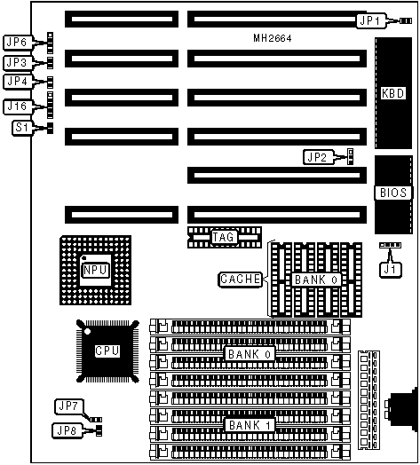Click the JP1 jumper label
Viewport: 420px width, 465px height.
(x=371, y=20)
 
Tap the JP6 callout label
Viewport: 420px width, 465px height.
(x=17, y=43)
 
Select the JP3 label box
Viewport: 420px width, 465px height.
(x=17, y=63)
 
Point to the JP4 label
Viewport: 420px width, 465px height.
(x=17, y=82)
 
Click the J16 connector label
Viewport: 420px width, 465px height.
(x=17, y=106)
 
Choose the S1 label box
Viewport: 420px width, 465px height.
(x=22, y=128)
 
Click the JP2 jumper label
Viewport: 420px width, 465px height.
(x=318, y=157)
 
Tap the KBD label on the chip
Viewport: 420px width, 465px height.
(x=392, y=93)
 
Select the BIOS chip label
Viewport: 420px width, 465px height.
(x=393, y=193)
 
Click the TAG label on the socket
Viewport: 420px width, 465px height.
(x=224, y=237)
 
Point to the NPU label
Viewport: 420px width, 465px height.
(x=95, y=270)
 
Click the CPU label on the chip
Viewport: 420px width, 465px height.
(x=107, y=351)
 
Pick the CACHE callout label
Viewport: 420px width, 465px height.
(x=241, y=280)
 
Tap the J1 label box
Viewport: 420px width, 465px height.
(x=391, y=270)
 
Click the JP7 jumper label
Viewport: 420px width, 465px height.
(x=69, y=406)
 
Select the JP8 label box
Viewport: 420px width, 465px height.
(x=67, y=430)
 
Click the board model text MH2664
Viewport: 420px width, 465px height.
(x=273, y=38)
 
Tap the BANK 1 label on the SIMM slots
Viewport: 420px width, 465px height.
(x=250, y=425)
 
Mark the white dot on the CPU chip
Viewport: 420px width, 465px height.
(x=87, y=331)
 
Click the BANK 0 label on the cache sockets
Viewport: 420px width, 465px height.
(x=316, y=280)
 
